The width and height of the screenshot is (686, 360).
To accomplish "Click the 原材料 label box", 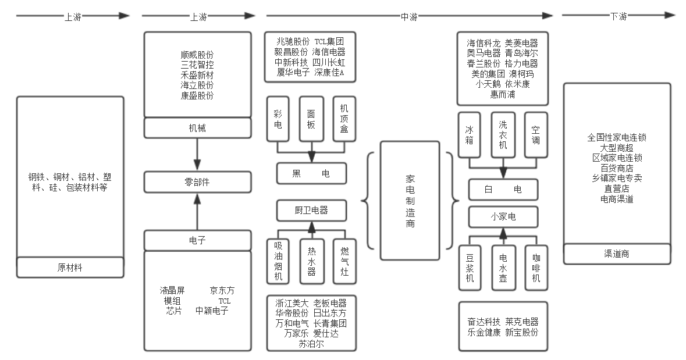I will (70, 268).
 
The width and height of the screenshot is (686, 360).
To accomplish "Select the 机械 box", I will (197, 128).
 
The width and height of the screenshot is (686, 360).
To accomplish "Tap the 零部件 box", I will (197, 182).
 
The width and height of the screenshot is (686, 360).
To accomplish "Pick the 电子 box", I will (197, 240).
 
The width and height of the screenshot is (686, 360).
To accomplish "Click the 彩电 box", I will (278, 119).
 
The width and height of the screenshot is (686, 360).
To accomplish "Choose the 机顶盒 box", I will (344, 119).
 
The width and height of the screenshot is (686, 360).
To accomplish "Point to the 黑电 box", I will (311, 173).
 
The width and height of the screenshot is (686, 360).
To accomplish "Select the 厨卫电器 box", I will (311, 211).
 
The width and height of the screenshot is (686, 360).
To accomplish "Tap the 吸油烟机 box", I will (278, 262).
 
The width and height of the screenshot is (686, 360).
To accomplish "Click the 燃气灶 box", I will (344, 262).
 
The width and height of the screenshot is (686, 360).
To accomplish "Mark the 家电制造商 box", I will (410, 200).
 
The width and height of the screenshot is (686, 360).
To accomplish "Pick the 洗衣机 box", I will (503, 134).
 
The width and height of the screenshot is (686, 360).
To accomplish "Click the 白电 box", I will (503, 190).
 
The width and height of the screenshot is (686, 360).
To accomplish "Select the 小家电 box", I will (503, 218).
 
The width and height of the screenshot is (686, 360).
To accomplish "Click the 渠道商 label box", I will (617, 254).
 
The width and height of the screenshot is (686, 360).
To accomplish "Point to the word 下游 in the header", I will (619, 17).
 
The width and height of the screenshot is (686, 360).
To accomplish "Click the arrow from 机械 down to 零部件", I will (197, 154).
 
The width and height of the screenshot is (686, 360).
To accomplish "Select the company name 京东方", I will (223, 290).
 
